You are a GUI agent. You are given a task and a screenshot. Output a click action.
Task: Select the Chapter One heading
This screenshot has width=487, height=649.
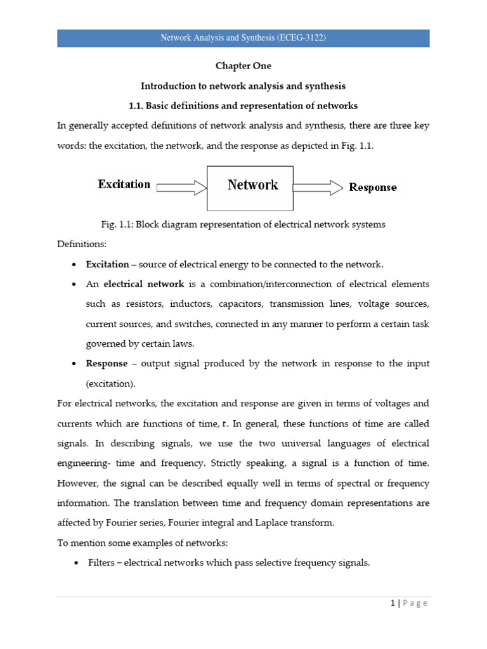click(243, 66)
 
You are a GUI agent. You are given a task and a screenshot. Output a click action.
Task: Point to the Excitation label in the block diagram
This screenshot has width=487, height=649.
click(124, 184)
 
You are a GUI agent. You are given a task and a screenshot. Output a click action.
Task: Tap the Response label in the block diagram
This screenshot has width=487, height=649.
click(373, 187)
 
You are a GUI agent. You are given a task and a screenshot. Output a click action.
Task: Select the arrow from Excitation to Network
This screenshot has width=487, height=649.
click(181, 186)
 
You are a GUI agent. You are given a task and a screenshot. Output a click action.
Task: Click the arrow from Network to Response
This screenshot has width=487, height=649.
click(318, 186)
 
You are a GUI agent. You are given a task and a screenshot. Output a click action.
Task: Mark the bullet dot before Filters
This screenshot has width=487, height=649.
click(76, 563)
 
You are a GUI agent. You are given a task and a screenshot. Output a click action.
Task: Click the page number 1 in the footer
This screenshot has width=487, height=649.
click(393, 603)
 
